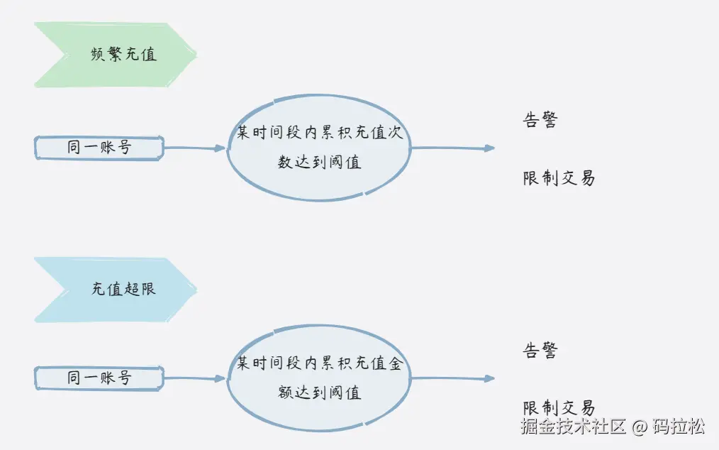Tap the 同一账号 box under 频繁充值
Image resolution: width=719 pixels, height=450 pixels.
point(99,148)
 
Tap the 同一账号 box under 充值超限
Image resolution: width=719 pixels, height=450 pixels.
point(99,378)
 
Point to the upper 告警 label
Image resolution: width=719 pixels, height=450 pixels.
point(540,120)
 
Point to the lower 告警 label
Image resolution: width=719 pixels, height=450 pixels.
point(540,351)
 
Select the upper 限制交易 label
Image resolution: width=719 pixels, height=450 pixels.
point(559,178)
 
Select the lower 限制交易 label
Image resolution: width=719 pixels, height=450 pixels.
point(559,408)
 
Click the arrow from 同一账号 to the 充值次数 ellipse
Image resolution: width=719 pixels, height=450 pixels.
point(195,148)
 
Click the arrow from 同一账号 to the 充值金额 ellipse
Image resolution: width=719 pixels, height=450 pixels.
point(195,378)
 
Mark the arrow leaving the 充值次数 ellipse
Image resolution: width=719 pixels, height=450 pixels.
point(452,148)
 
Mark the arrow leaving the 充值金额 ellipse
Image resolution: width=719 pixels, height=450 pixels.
point(452,378)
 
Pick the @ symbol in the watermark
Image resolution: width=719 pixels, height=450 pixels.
point(640,427)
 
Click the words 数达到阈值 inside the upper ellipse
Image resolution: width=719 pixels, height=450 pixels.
point(319,163)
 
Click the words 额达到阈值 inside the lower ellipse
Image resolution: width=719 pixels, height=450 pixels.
point(319,393)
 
